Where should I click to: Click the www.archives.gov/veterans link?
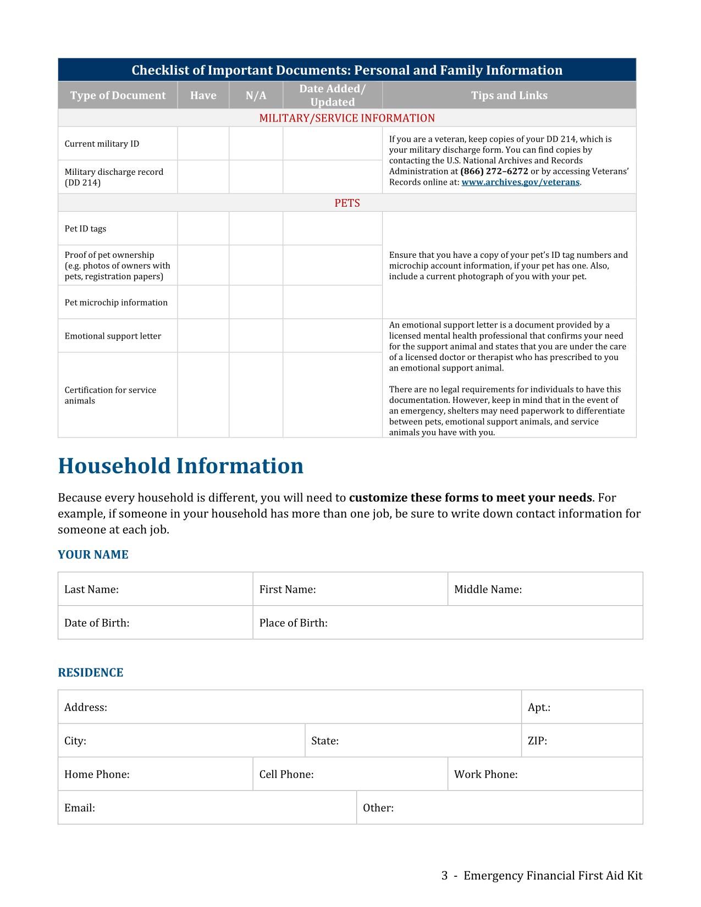(520, 182)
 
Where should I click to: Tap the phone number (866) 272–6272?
(494, 172)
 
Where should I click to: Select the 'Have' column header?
(203, 96)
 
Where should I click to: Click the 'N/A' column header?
(256, 96)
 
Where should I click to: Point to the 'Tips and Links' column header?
(509, 96)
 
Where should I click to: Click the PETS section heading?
(347, 203)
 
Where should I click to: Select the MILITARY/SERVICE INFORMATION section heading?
(347, 118)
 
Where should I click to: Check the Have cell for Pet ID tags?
(203, 229)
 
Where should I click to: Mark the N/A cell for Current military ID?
(256, 143)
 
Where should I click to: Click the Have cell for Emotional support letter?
(203, 336)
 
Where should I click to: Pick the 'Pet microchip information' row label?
(116, 302)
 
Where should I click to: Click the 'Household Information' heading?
(180, 466)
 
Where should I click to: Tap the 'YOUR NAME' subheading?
(93, 555)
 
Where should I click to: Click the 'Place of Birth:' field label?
(293, 623)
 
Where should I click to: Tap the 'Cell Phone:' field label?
(286, 775)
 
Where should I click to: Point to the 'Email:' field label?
(80, 808)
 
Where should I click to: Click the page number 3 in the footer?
(444, 876)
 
